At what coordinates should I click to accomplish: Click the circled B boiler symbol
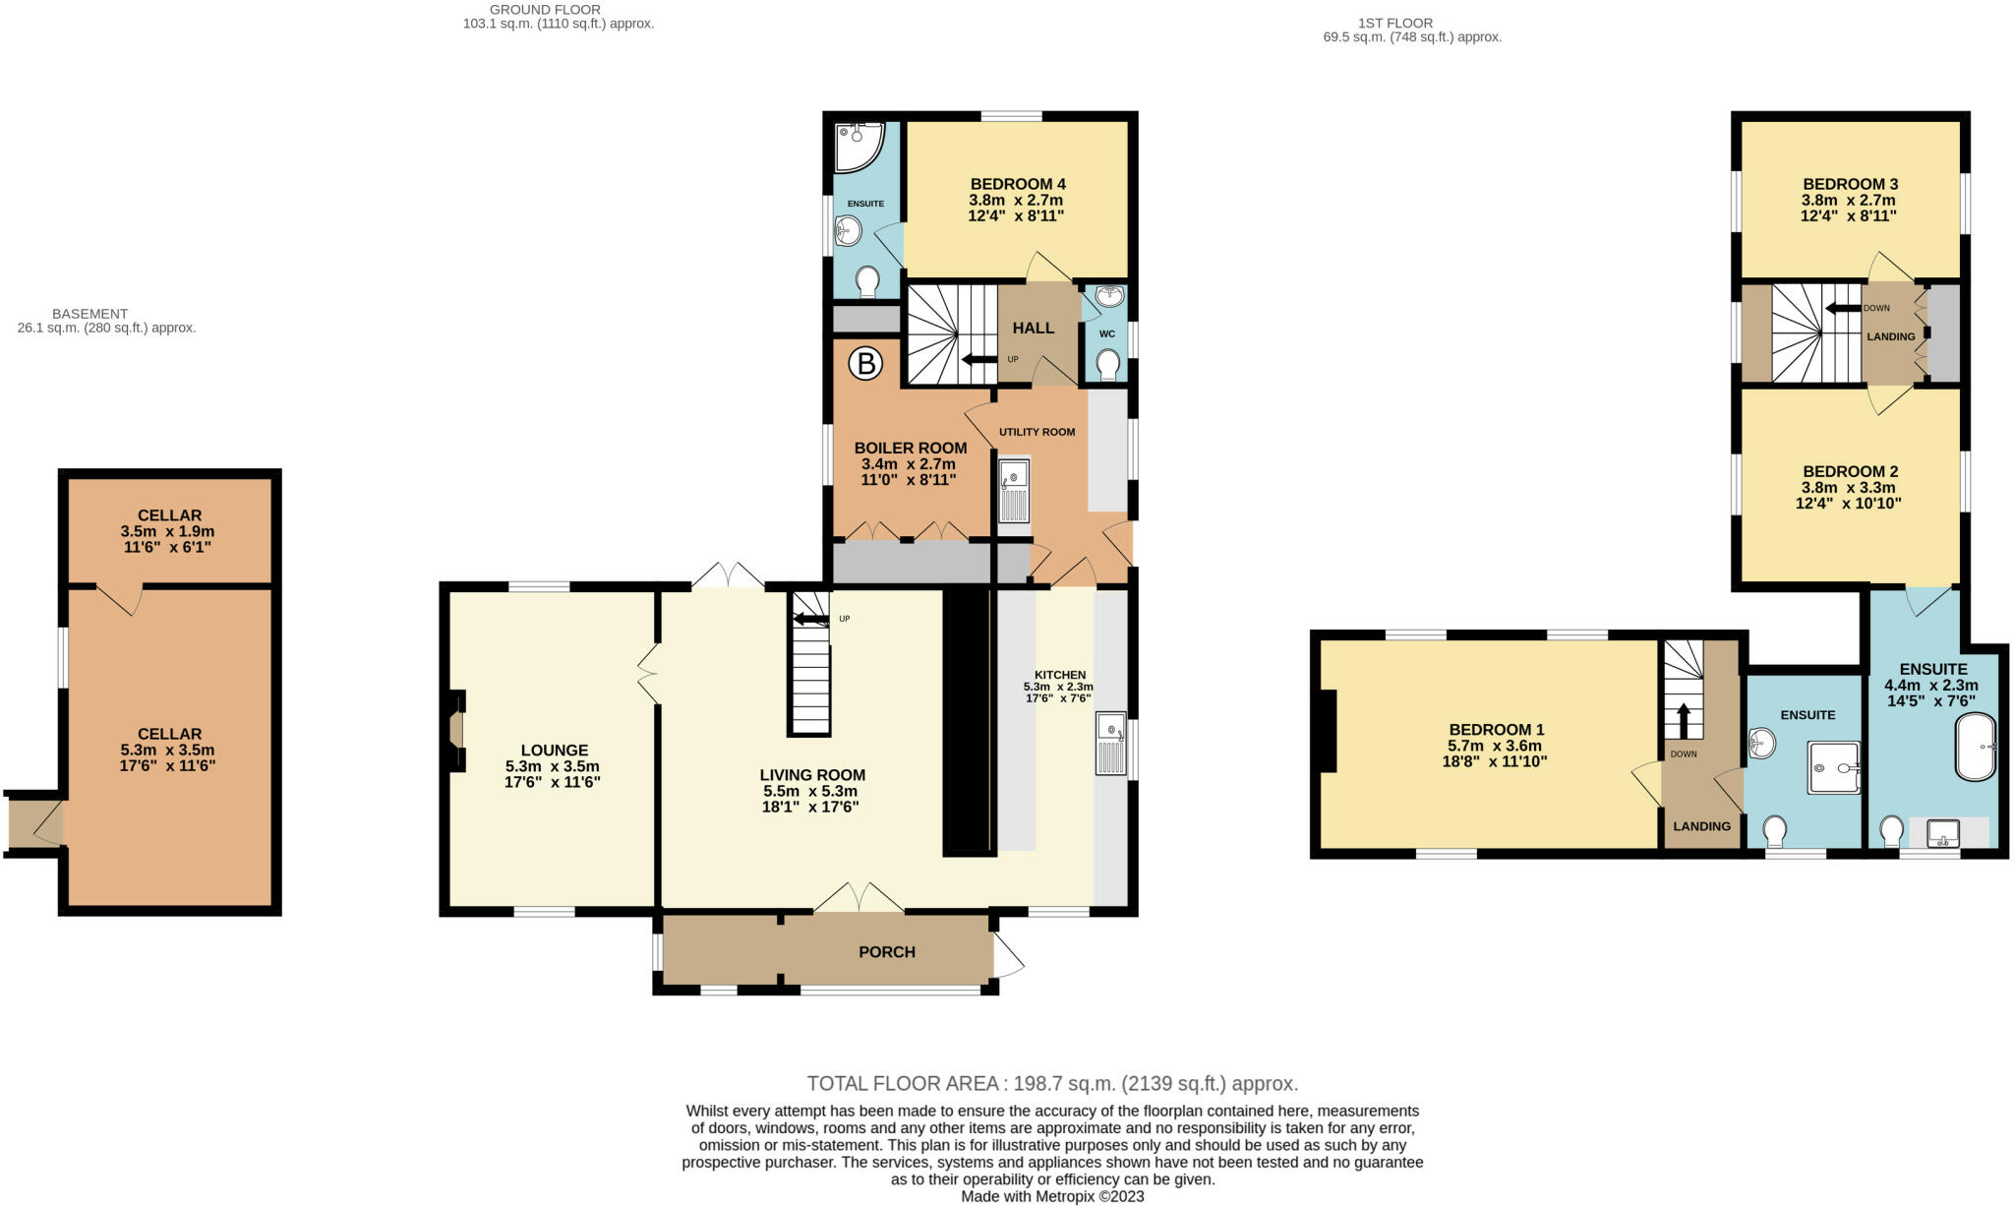[866, 365]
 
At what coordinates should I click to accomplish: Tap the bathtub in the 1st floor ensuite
[1975, 747]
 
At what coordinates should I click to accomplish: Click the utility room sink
[1014, 491]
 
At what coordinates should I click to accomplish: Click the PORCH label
[887, 952]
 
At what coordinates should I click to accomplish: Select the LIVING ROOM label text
[812, 775]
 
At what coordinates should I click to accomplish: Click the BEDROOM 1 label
[1497, 730]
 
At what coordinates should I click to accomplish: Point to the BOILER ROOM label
[911, 449]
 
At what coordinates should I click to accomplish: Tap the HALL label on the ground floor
[1034, 328]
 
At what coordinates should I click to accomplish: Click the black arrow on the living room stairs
[811, 619]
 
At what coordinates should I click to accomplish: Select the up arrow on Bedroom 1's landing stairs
[1683, 720]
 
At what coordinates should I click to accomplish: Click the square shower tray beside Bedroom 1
[1834, 767]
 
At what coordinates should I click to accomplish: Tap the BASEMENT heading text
[89, 314]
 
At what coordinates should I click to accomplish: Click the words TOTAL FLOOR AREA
[902, 1084]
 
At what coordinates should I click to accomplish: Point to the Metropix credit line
[1052, 1197]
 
